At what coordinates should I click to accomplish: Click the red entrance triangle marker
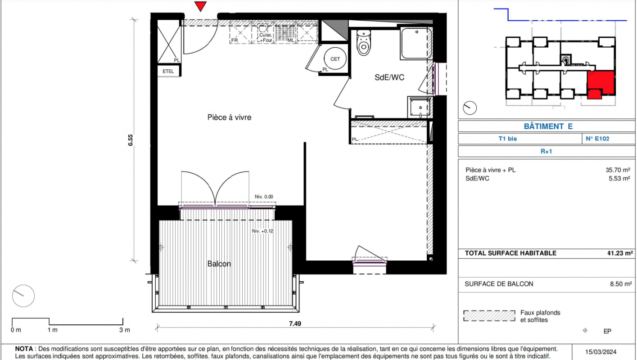(200, 6)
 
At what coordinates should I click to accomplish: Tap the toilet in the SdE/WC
(363, 43)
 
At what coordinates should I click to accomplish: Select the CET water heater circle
(335, 58)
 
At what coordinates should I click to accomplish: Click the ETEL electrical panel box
(168, 71)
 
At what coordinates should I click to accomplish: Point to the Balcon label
(219, 264)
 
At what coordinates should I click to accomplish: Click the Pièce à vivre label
(229, 117)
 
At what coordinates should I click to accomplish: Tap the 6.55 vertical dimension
(131, 140)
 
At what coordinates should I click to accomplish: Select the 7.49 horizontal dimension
(295, 324)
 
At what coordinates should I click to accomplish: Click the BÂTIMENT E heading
(548, 126)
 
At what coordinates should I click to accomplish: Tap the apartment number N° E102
(597, 139)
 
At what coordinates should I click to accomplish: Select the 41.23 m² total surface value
(620, 253)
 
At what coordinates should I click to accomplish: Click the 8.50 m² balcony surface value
(621, 284)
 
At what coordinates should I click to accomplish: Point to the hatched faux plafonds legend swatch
(489, 315)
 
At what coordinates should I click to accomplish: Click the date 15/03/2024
(601, 352)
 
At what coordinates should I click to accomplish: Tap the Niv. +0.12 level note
(262, 231)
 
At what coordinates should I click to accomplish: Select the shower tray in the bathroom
(416, 43)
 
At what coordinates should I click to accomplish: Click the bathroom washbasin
(420, 107)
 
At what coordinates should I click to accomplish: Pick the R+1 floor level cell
(546, 151)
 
